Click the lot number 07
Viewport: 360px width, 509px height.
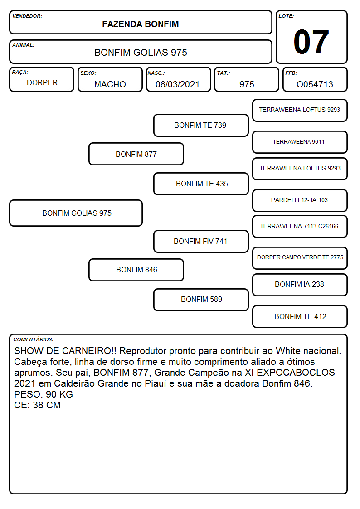click(311, 42)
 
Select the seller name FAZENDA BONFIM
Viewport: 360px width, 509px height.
click(141, 24)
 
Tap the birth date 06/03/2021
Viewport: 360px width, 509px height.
click(177, 84)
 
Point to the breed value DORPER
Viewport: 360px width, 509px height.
click(42, 83)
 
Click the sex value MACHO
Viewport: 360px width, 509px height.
click(110, 84)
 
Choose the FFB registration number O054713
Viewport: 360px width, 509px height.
click(315, 84)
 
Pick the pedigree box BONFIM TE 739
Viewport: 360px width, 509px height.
click(201, 125)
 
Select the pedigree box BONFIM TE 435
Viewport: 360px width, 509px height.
click(201, 184)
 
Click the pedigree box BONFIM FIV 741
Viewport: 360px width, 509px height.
click(201, 241)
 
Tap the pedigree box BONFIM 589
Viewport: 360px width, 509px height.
click(201, 300)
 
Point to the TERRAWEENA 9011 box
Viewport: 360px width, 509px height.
click(300, 142)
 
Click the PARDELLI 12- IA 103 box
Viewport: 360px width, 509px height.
click(300, 200)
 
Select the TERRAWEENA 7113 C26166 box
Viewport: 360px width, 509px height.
click(300, 226)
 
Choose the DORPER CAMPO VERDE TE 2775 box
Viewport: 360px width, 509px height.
click(300, 258)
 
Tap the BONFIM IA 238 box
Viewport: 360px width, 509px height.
click(300, 285)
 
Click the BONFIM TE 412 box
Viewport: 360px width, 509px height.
click(300, 316)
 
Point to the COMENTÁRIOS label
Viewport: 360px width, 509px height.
click(34, 339)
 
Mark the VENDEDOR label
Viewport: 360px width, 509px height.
click(27, 16)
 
